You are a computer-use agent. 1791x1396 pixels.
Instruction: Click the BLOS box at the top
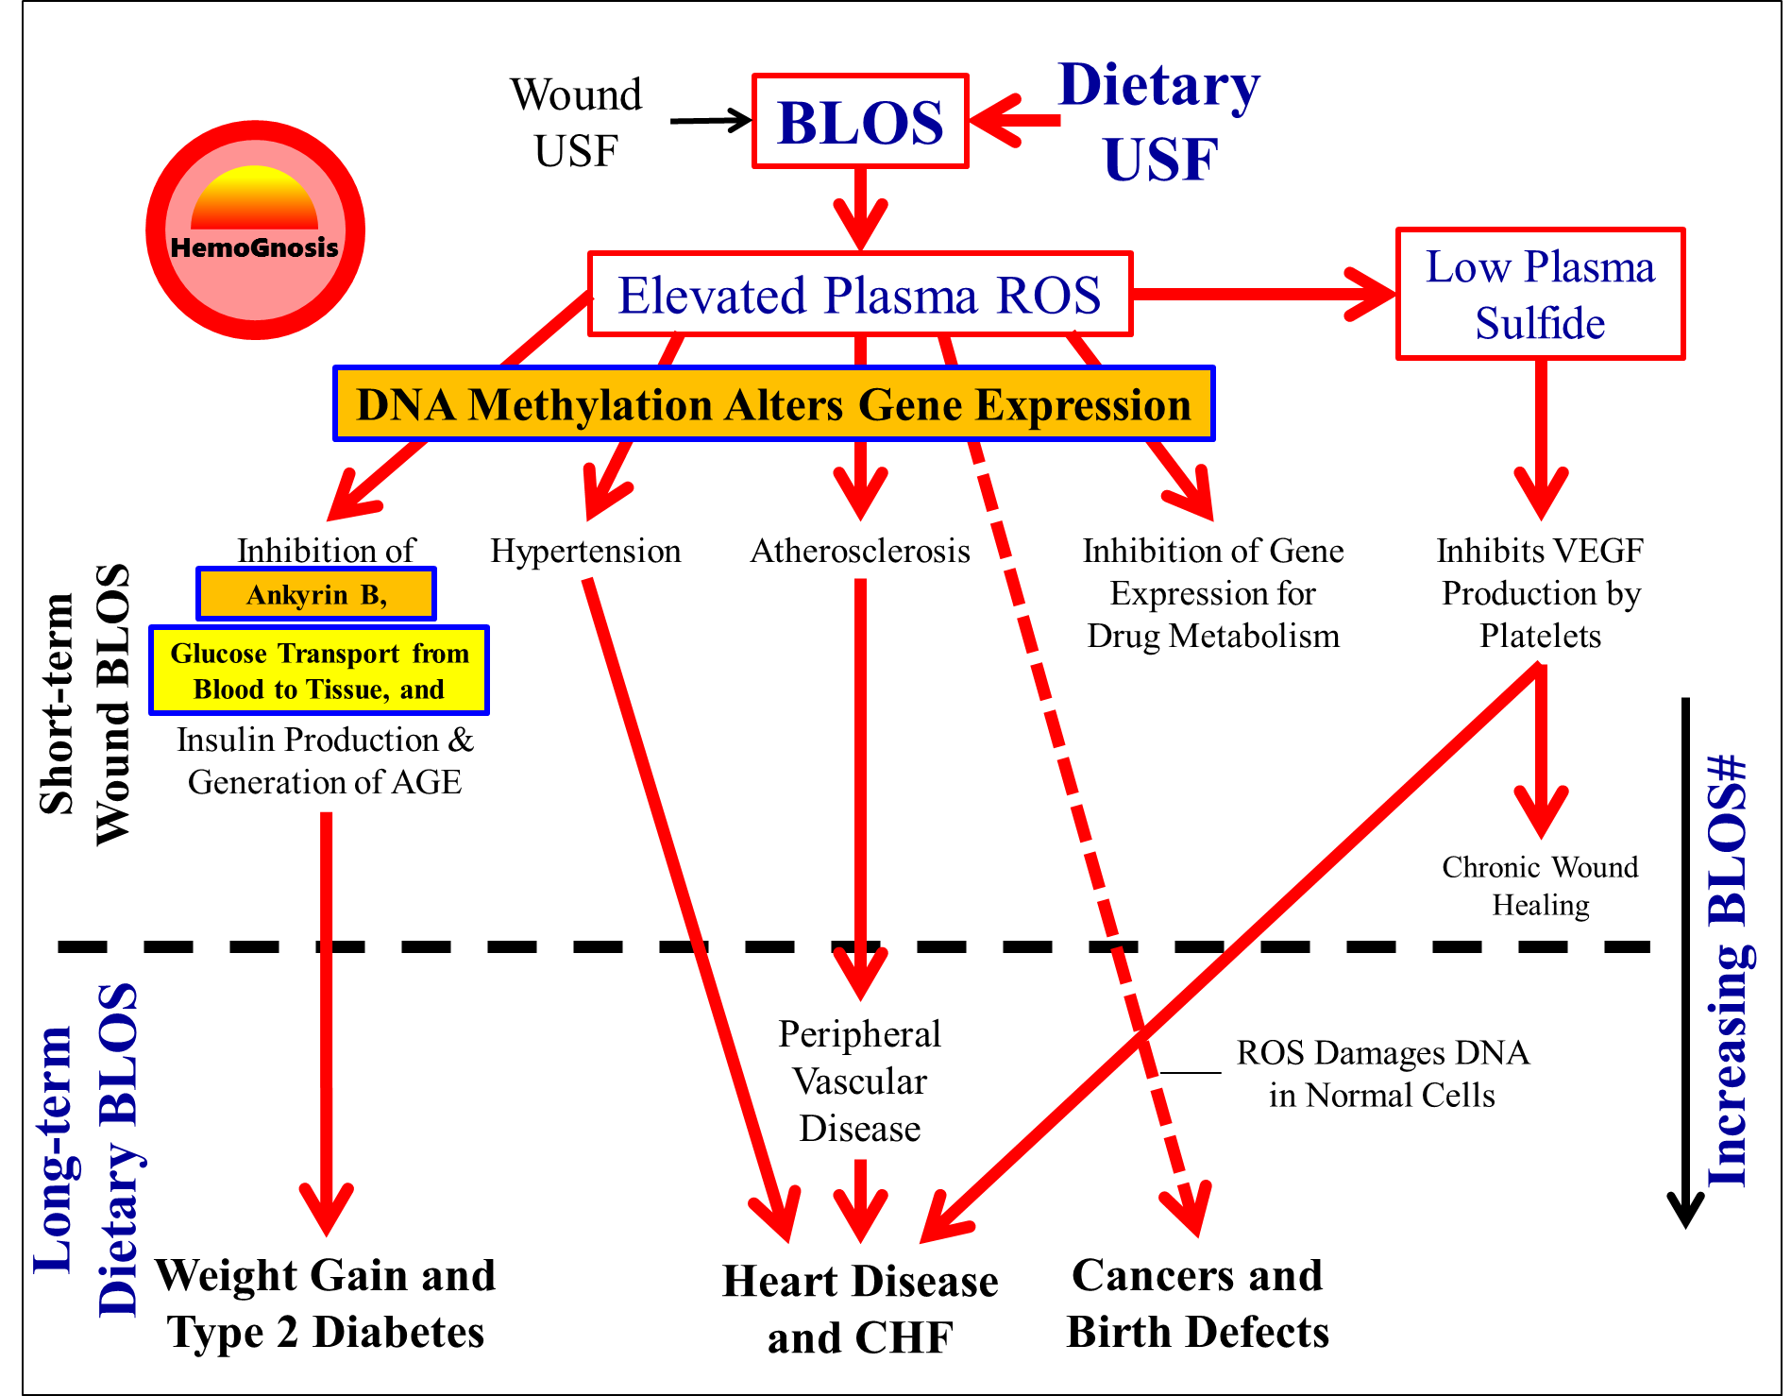point(860,122)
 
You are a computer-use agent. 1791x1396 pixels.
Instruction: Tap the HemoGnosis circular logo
point(255,230)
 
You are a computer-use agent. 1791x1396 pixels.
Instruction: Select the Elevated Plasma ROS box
point(859,295)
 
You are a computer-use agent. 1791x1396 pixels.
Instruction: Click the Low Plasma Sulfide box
point(1540,294)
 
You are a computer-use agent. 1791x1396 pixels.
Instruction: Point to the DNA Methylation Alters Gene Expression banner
point(773,404)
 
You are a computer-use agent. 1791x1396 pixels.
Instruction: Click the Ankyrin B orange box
point(316,594)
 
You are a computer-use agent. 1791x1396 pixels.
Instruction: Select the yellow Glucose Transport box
point(319,671)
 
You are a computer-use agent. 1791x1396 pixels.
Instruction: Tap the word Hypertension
point(585,551)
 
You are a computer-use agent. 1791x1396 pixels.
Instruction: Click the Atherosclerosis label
point(860,551)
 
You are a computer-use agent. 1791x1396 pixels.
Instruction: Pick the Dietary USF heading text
point(1160,122)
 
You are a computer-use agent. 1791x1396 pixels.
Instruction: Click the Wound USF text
point(576,123)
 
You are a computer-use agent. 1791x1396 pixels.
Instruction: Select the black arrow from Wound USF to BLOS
point(709,121)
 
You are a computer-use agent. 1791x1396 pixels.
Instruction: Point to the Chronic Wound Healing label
point(1540,885)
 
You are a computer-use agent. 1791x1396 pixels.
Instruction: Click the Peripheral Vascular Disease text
point(859,1081)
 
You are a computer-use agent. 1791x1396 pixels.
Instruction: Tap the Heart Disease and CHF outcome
point(859,1309)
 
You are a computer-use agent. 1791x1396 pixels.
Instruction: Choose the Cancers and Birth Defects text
point(1197,1303)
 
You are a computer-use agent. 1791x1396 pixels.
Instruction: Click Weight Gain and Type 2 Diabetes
point(326,1303)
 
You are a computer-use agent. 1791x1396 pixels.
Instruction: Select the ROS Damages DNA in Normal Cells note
point(1382,1074)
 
